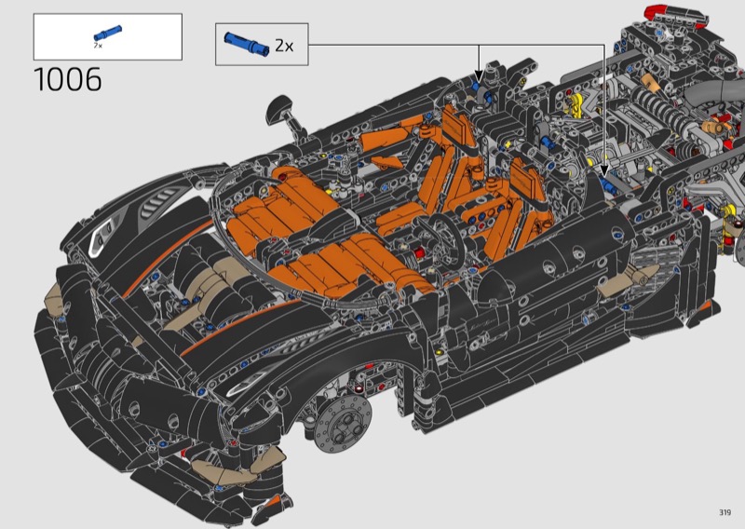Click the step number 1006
(67, 79)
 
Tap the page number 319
(725, 512)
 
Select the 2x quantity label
(284, 46)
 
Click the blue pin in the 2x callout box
(247, 44)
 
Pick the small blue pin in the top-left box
(108, 33)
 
